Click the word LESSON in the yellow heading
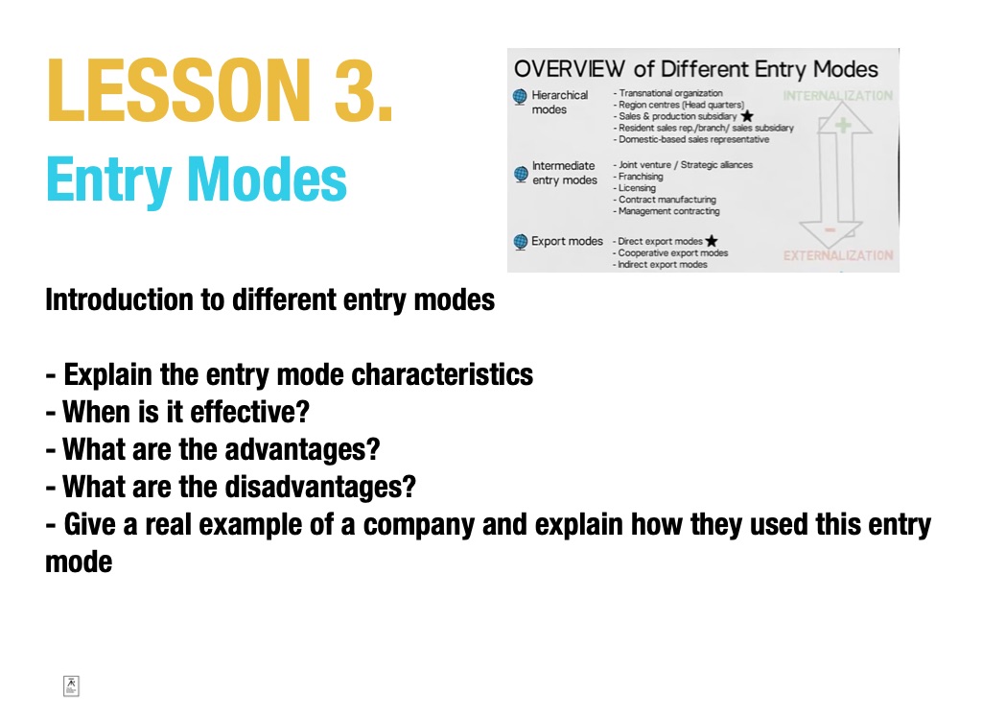(178, 89)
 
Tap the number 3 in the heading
(355, 89)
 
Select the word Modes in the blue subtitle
(267, 179)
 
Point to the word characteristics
(442, 374)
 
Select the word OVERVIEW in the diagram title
(570, 69)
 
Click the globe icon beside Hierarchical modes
(520, 97)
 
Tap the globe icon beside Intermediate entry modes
(521, 174)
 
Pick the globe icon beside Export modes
(521, 242)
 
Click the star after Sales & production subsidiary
(747, 116)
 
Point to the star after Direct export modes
(712, 241)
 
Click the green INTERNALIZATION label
(838, 96)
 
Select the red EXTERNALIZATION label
(838, 256)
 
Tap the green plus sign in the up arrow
(843, 125)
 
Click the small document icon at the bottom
(71, 686)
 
